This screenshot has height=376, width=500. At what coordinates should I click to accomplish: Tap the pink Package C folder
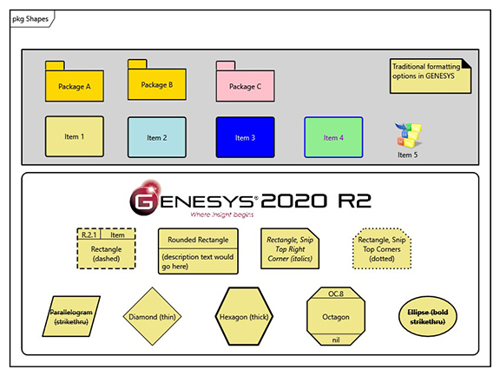click(x=245, y=85)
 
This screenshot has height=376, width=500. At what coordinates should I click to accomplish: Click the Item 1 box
click(x=75, y=136)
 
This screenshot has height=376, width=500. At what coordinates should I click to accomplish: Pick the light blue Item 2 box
click(x=157, y=136)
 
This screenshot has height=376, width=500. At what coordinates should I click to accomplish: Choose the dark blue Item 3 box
click(x=245, y=137)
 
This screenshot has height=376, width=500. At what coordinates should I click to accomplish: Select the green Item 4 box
click(x=333, y=137)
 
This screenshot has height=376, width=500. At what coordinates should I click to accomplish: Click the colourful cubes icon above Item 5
click(x=407, y=135)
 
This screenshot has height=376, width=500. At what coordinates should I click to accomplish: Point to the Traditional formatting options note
click(x=431, y=75)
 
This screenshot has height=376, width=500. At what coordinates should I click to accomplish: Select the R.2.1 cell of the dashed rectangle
click(x=89, y=234)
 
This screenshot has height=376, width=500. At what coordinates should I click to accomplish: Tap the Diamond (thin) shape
click(x=155, y=317)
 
